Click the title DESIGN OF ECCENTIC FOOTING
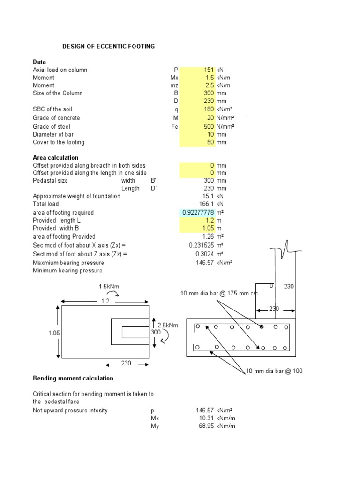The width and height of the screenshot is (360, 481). coord(109,47)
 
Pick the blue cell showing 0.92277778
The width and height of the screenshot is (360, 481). coord(197,213)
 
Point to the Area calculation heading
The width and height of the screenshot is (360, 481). coord(55,158)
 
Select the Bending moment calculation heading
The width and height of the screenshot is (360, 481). coord(73,378)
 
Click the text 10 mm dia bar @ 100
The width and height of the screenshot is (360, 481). coord(274,371)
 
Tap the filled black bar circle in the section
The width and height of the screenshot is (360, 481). coord(262,326)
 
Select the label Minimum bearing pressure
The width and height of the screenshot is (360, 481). coord(67,271)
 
